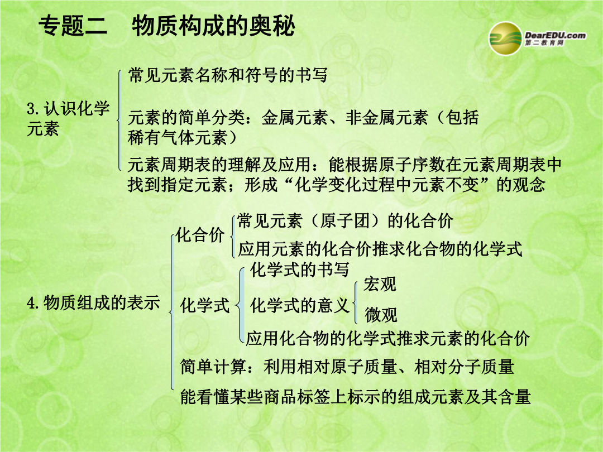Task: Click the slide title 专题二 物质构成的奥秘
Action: tap(167, 26)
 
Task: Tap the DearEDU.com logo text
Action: tap(556, 36)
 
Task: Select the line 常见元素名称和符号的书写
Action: tap(228, 75)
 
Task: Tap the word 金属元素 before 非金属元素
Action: tap(295, 117)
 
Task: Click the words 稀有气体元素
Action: tap(178, 138)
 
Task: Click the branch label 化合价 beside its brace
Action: tap(200, 234)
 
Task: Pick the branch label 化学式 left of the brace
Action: tap(204, 306)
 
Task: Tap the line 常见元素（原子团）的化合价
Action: tap(345, 221)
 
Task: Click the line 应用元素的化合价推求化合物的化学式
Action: tap(380, 249)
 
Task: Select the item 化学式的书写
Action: tap(300, 270)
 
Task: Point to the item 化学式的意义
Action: tap(300, 306)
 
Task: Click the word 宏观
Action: tap(380, 285)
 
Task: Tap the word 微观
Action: tap(381, 315)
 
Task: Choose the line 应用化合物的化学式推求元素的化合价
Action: tap(388, 339)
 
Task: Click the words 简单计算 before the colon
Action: tap(213, 366)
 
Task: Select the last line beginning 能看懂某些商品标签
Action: tap(356, 397)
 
